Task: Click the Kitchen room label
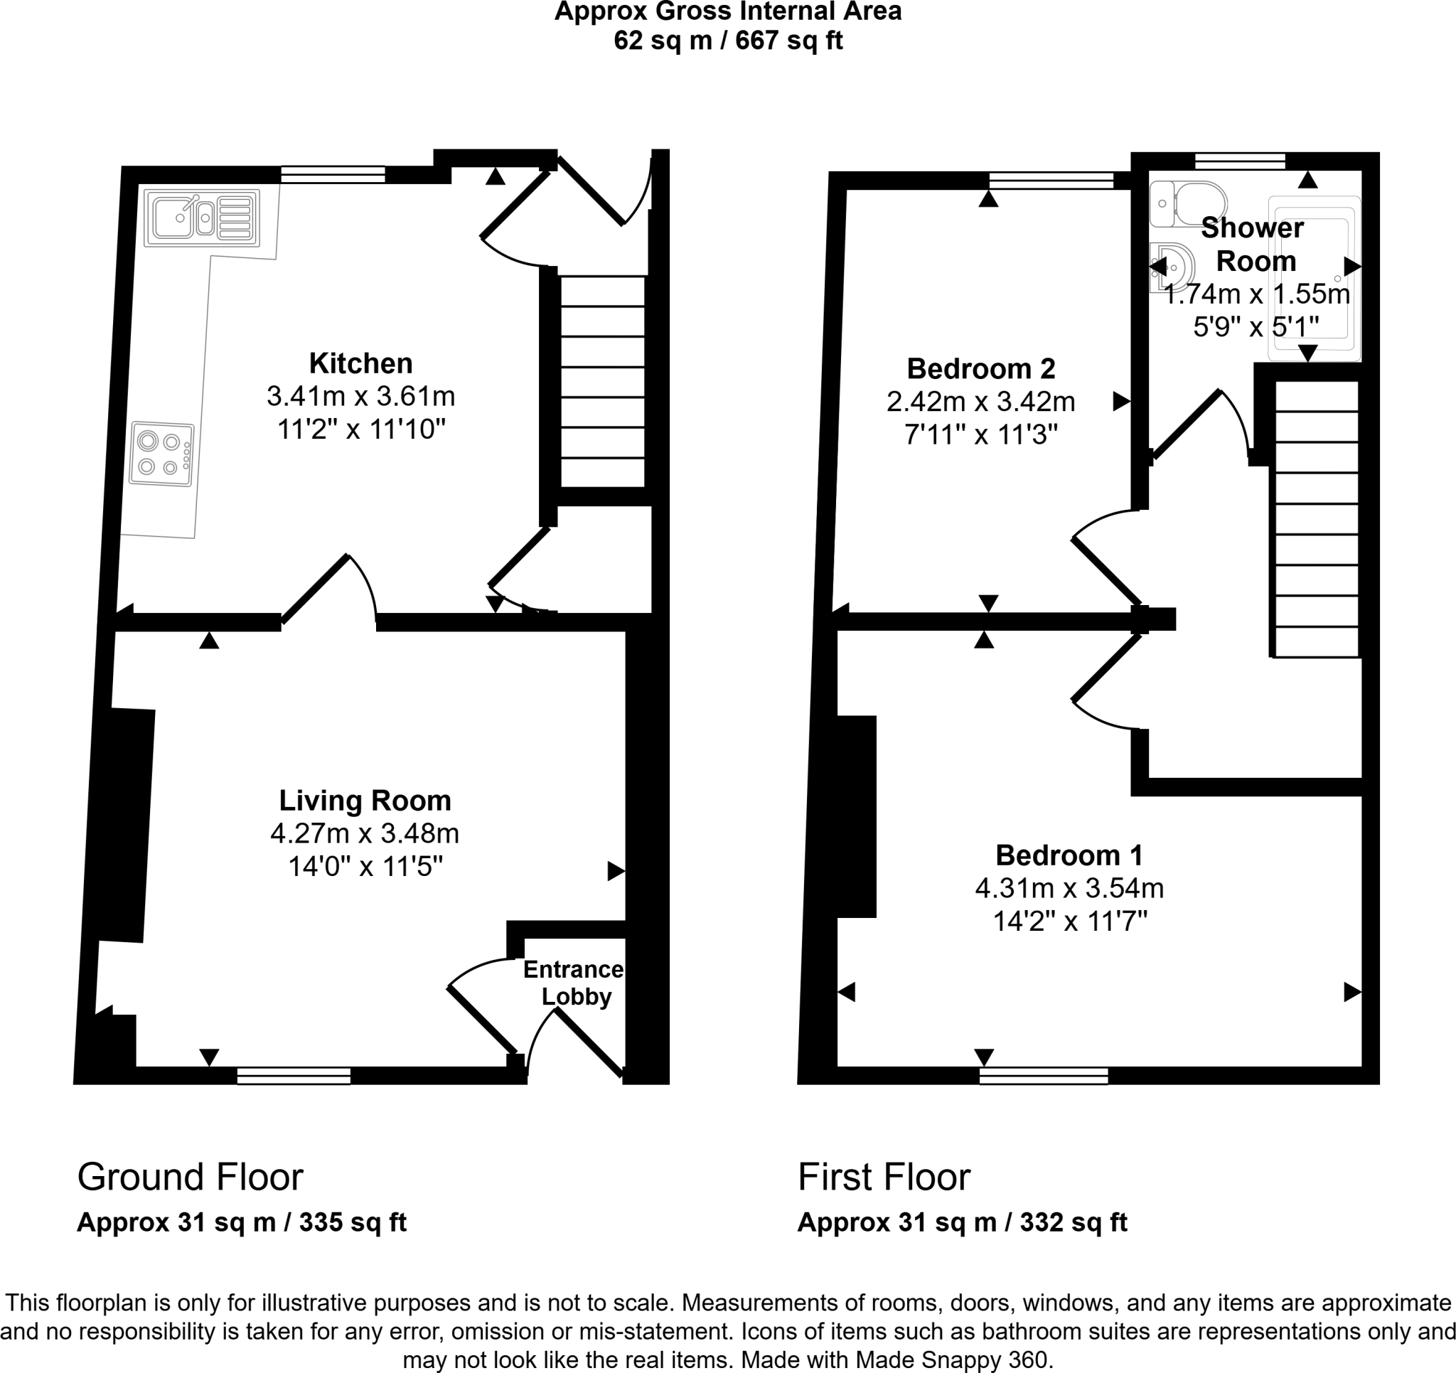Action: tap(360, 363)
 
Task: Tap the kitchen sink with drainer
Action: tap(202, 218)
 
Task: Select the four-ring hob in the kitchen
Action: tap(162, 454)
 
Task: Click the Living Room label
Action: tap(365, 800)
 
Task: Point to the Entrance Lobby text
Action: tap(574, 983)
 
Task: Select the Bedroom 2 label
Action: tap(980, 368)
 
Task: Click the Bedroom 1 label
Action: tap(1069, 855)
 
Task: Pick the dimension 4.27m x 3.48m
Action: tap(365, 833)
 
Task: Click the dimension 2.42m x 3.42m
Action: tap(980, 402)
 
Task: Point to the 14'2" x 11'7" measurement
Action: tap(1069, 921)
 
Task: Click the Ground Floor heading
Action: tap(191, 1177)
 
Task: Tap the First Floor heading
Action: tap(883, 1177)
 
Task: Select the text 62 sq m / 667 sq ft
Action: tap(728, 41)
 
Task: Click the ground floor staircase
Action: tap(602, 381)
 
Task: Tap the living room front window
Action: tap(294, 1076)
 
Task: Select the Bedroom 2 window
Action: tap(1050, 180)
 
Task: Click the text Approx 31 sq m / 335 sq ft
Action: tap(242, 1222)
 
